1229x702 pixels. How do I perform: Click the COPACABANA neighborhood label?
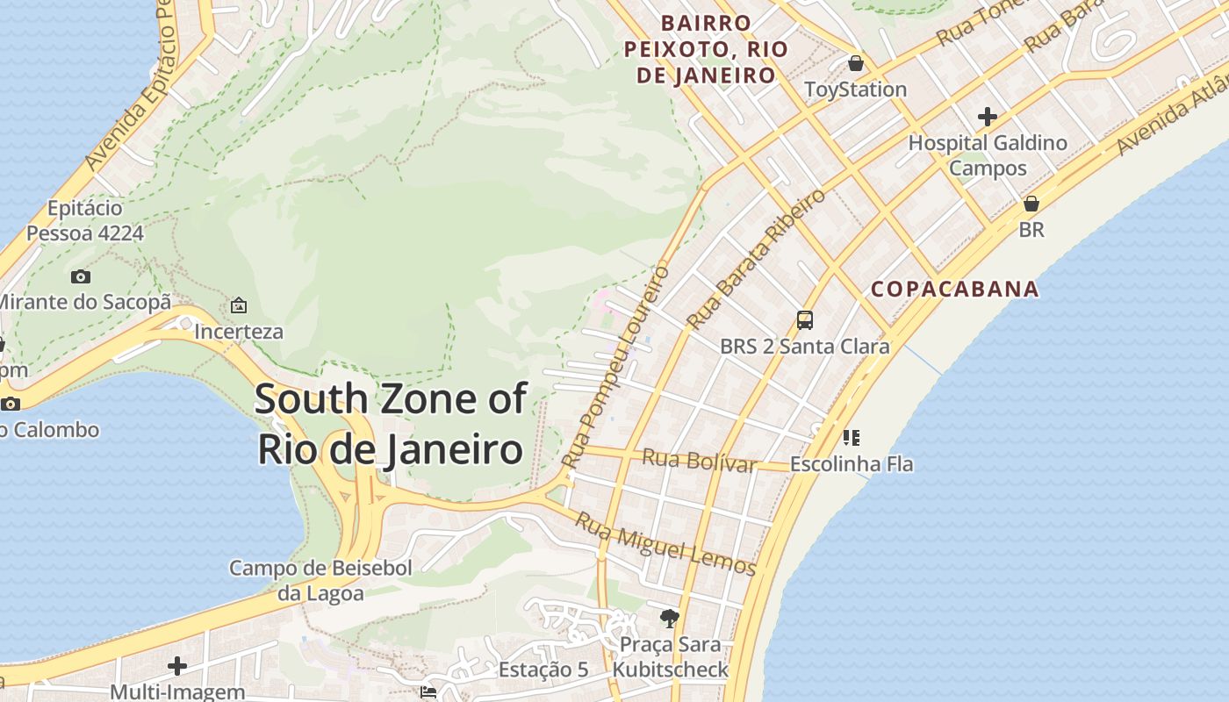(954, 289)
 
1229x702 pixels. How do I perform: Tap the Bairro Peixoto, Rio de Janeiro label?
(706, 49)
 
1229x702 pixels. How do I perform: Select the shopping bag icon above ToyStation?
(855, 63)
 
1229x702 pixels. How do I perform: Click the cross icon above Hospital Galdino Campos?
(988, 116)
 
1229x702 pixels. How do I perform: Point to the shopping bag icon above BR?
(1031, 204)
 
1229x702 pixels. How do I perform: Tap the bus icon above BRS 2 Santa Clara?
(805, 319)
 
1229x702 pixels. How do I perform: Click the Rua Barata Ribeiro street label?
(756, 260)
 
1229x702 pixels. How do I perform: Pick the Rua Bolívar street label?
(699, 460)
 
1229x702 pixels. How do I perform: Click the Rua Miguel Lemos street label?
(665, 544)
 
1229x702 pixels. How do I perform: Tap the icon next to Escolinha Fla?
(851, 437)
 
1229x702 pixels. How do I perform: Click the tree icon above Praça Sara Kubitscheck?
(670, 619)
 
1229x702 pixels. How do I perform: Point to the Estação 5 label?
(543, 670)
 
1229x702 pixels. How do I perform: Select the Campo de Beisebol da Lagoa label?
(320, 580)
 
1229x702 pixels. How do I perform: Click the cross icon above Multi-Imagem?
(177, 665)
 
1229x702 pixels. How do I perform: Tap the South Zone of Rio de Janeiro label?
(391, 424)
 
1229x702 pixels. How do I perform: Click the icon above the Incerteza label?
(238, 305)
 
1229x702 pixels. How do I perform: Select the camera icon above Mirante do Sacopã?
(81, 276)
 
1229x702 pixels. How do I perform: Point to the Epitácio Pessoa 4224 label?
(85, 221)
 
